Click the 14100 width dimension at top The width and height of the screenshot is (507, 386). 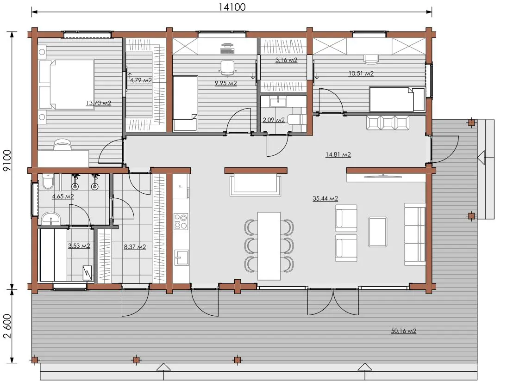click(232, 7)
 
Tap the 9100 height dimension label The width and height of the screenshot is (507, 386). click(7, 160)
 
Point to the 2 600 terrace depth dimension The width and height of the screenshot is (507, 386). click(7, 326)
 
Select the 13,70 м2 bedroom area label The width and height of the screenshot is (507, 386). click(99, 103)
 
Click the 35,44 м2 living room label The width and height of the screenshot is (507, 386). click(325, 198)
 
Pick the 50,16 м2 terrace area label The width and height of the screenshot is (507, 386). click(404, 331)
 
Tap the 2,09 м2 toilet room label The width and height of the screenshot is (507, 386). click(274, 120)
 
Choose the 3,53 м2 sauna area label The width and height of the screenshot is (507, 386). click(79, 246)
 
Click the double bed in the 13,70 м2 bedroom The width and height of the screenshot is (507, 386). click(67, 85)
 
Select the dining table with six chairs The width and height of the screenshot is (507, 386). click(269, 246)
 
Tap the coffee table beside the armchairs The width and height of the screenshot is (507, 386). click(378, 232)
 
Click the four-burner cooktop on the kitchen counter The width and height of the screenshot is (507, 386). click(181, 221)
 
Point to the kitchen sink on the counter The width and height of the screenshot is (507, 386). click(181, 257)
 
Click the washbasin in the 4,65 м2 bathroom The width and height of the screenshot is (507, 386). click(51, 218)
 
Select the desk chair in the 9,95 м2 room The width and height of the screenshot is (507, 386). click(227, 68)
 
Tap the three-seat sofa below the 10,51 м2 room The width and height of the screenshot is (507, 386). click(388, 123)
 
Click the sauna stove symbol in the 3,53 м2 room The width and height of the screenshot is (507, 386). click(88, 273)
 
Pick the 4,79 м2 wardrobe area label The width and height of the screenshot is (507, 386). click(141, 80)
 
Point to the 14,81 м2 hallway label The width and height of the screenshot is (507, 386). click(338, 154)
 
